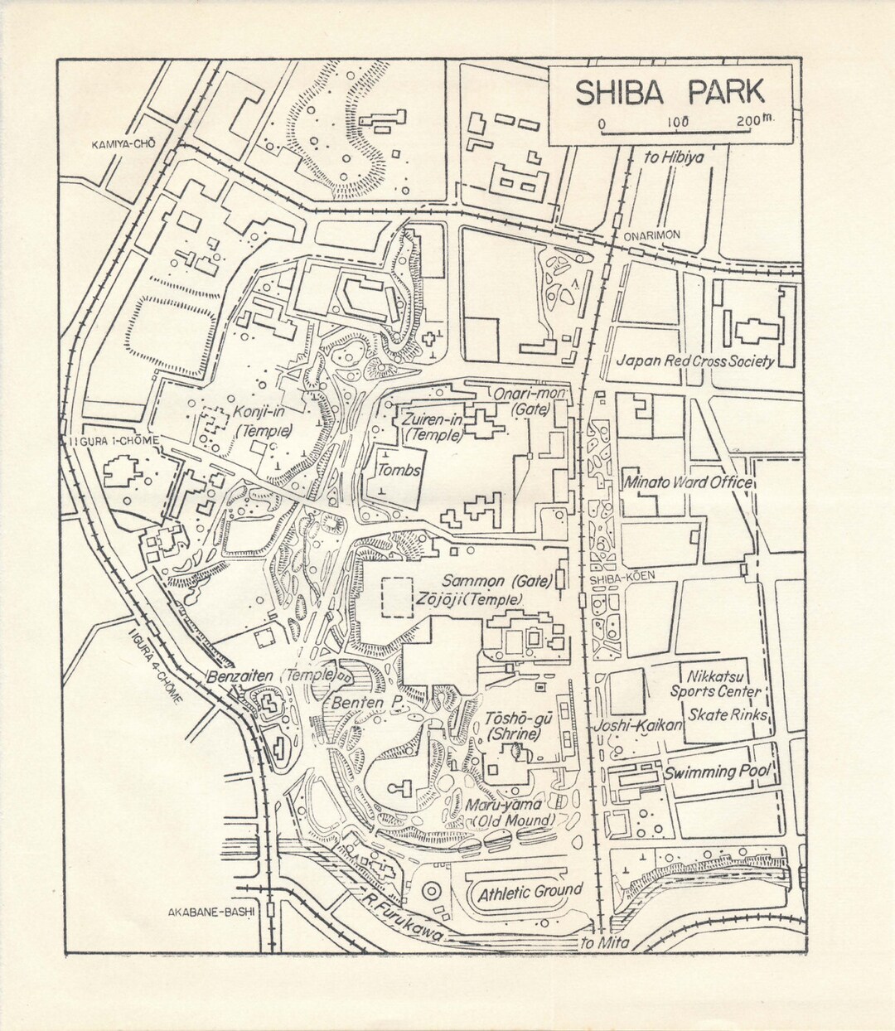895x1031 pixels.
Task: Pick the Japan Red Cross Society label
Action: [x=696, y=361]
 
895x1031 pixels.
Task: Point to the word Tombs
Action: [x=399, y=470]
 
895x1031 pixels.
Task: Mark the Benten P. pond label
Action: [x=367, y=702]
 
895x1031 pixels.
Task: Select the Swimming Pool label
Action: [x=717, y=772]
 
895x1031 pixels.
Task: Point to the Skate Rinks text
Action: [x=728, y=714]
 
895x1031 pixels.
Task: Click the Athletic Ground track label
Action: [x=530, y=893]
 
